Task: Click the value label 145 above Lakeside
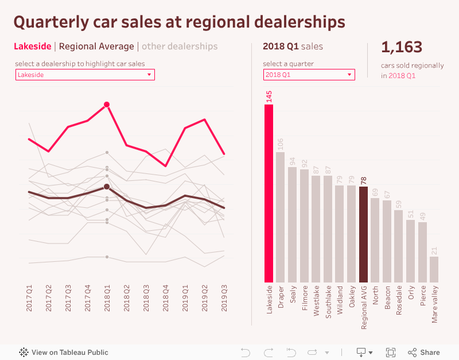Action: [269, 96]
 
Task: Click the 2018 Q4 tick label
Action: [165, 299]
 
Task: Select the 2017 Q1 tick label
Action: [29, 299]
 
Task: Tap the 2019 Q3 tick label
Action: [224, 299]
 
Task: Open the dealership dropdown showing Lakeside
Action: [85, 75]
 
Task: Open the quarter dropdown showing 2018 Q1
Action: [309, 75]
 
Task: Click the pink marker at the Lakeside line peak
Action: [107, 104]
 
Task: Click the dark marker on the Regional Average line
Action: [107, 187]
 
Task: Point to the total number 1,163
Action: [402, 47]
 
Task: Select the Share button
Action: [424, 352]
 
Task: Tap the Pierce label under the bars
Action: [422, 298]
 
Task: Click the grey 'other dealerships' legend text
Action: [180, 46]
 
